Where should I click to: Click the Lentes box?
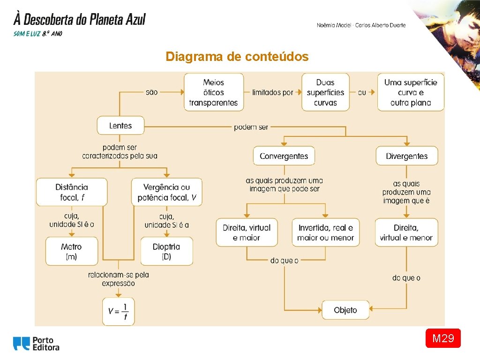(x=120, y=126)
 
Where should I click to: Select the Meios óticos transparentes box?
(x=214, y=92)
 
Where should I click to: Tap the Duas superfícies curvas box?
(x=325, y=92)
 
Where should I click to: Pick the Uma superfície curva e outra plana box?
(x=411, y=92)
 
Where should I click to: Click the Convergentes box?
(x=284, y=156)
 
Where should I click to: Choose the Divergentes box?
(x=407, y=156)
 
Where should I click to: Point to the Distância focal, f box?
(x=72, y=192)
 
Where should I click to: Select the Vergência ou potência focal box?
(x=167, y=192)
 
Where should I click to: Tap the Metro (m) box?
(x=71, y=251)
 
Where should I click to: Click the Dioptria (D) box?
(x=166, y=251)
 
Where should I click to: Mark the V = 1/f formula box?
(x=118, y=311)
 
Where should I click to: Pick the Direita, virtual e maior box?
(x=247, y=232)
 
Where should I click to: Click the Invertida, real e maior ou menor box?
(x=325, y=232)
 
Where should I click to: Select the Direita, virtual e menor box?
(x=406, y=232)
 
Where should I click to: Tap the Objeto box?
(x=345, y=310)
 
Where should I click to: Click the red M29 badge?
(x=443, y=338)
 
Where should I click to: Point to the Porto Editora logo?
(x=37, y=344)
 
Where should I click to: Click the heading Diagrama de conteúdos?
(x=237, y=57)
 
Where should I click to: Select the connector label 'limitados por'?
(x=272, y=92)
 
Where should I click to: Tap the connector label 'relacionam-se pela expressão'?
(x=118, y=279)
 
